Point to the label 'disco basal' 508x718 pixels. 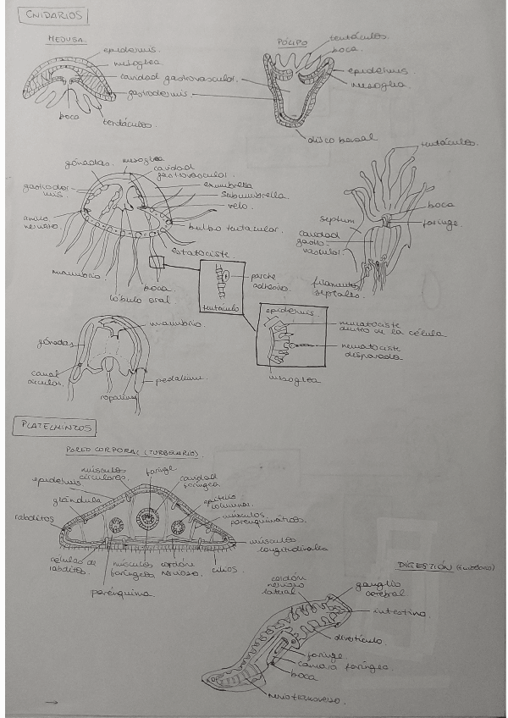(343, 138)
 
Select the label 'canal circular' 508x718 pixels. (46, 375)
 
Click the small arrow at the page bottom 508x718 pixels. (52, 702)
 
